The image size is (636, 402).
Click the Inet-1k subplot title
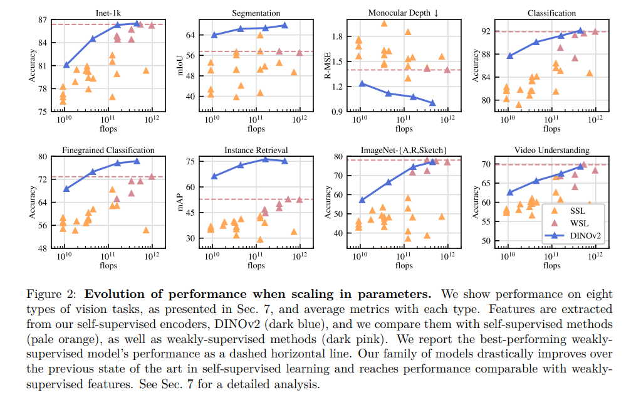(x=109, y=13)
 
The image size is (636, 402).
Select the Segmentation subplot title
(x=256, y=13)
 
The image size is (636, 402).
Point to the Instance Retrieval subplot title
(x=256, y=151)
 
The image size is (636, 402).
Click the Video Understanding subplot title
(x=551, y=151)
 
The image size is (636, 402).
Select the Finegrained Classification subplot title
(x=108, y=151)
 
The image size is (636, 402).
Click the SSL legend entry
(x=571, y=211)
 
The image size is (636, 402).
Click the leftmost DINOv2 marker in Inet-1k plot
(x=66, y=65)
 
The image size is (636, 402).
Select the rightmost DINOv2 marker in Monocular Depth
(x=432, y=103)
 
